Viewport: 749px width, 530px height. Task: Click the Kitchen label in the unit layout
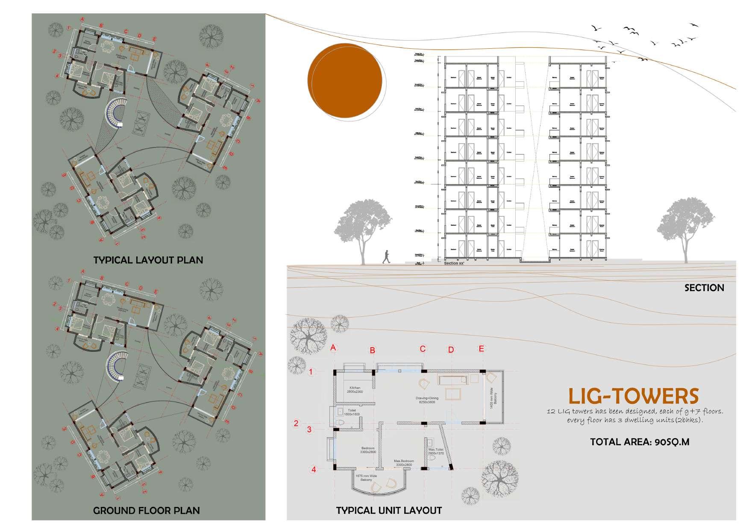point(355,389)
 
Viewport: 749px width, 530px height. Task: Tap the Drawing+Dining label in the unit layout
point(427,400)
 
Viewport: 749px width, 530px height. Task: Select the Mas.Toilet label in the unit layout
point(436,451)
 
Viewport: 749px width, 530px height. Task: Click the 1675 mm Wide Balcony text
point(366,478)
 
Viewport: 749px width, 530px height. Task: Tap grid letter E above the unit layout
point(481,349)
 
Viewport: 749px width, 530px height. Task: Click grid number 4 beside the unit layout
point(314,469)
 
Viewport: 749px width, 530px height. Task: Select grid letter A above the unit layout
point(333,348)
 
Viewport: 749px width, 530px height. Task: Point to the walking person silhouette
point(386,257)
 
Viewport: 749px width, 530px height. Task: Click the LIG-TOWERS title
point(633,396)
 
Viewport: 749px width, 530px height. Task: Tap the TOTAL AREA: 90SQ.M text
point(640,442)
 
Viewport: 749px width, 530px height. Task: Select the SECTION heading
point(704,288)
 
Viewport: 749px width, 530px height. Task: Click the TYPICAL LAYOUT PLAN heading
point(148,260)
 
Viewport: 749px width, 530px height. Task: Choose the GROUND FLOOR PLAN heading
point(146,510)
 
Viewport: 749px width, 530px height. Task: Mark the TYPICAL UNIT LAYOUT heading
point(389,510)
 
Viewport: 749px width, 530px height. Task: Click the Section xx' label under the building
point(456,263)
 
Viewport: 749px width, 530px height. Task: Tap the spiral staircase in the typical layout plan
point(115,113)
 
